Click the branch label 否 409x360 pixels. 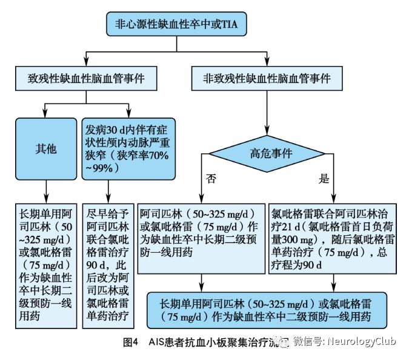pos(210,179)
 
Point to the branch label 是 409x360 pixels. pos(324,179)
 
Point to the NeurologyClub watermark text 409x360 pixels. pos(361,341)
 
